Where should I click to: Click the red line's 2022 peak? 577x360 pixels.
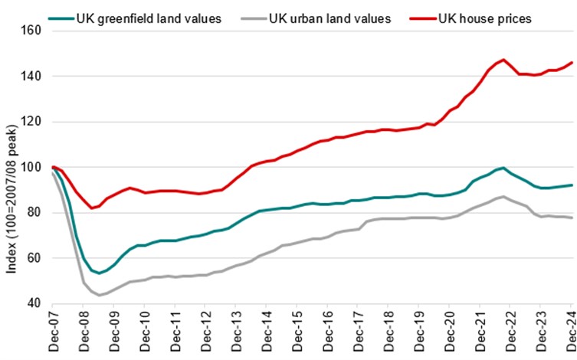point(503,60)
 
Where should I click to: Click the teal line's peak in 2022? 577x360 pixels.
point(503,168)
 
